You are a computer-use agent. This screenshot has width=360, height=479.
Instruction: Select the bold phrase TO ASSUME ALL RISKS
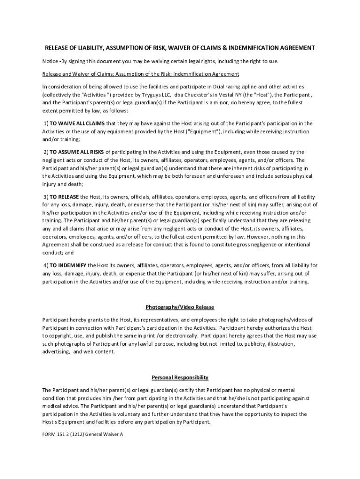tap(77, 152)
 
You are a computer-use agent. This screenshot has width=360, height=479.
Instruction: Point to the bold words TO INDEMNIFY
tap(68, 265)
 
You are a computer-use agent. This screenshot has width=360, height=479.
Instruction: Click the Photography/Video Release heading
tap(180, 307)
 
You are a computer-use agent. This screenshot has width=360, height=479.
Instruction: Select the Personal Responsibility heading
tap(180, 377)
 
